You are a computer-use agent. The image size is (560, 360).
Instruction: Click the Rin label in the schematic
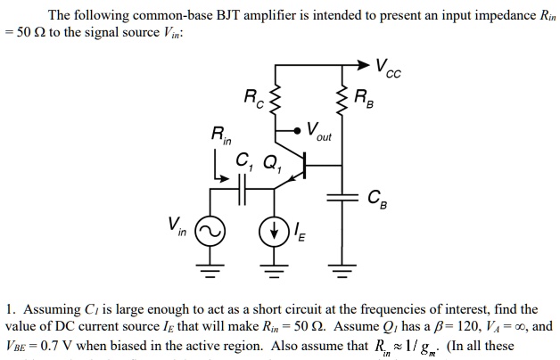[218, 139]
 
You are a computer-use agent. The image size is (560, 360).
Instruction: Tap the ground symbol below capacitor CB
[340, 266]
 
